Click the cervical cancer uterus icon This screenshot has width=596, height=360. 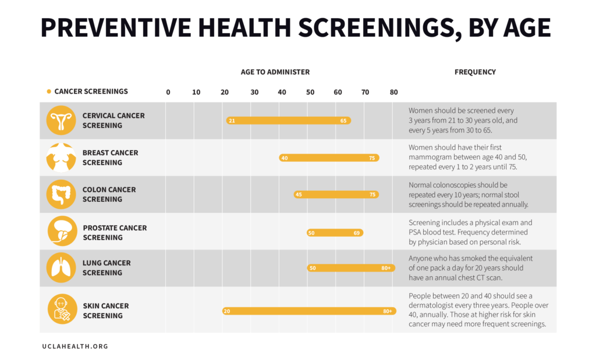point(61,120)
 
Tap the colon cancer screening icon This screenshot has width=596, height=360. point(61,194)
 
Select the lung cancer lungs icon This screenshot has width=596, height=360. point(61,268)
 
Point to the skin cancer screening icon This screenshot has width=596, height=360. point(63,309)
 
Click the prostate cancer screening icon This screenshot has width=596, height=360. point(63,231)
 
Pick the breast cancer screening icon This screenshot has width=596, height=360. point(61,158)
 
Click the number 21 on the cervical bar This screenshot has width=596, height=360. point(232,121)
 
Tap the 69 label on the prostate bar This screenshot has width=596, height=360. point(357,233)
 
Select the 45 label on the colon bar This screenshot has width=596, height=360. point(299,194)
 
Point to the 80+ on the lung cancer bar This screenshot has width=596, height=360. point(386,268)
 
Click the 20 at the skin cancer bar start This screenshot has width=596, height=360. point(227,311)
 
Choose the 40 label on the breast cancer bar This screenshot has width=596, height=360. point(285,158)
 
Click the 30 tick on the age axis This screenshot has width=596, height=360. point(254,92)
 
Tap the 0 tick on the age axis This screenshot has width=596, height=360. point(168,92)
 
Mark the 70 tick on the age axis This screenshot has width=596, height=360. point(365,92)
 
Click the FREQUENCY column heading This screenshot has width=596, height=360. point(475,72)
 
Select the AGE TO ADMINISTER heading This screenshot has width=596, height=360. point(275,72)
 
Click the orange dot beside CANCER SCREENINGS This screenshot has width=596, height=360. point(49,91)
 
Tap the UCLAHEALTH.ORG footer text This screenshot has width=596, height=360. point(75,346)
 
